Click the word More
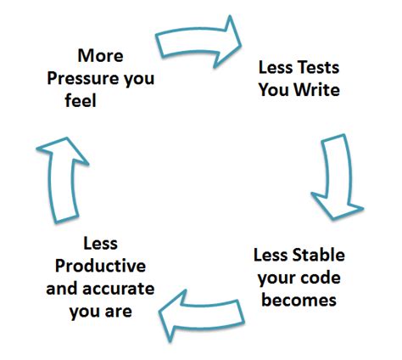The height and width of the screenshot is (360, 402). pyautogui.click(x=100, y=56)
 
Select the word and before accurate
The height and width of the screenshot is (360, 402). pyautogui.click(x=62, y=288)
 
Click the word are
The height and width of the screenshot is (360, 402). pyautogui.click(x=118, y=310)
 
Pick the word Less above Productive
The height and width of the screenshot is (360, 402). pyautogui.click(x=100, y=245)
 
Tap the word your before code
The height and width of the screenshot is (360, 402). pyautogui.click(x=273, y=276)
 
